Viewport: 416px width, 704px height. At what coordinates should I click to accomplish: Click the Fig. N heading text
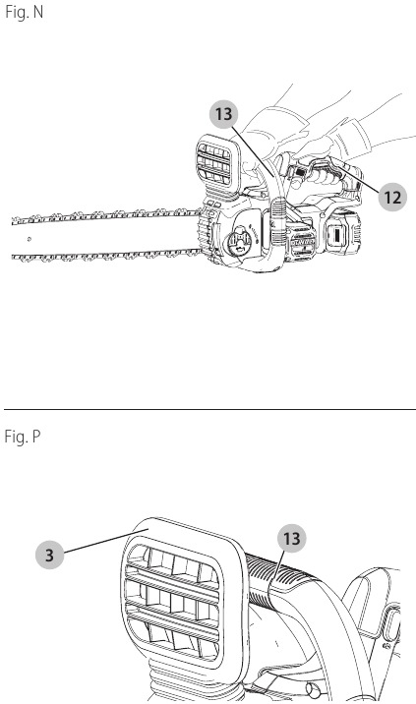(24, 12)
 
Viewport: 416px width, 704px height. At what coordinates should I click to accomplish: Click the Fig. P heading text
(23, 437)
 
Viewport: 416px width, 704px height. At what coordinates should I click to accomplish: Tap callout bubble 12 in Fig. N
(392, 197)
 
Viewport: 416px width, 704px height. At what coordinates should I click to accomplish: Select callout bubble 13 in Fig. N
(223, 114)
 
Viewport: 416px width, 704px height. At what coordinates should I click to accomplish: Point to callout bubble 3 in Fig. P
(50, 555)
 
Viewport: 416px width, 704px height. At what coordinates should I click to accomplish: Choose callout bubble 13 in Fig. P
(291, 538)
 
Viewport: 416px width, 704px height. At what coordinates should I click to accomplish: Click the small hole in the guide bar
(30, 239)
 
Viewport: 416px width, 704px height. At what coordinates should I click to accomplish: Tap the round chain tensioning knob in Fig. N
(239, 243)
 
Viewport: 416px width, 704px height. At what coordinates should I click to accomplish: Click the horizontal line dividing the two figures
(209, 409)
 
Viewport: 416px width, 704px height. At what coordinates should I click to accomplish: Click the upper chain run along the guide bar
(105, 216)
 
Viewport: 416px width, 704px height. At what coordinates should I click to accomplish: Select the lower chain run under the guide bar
(105, 256)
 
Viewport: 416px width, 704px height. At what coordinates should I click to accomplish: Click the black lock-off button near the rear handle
(300, 171)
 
